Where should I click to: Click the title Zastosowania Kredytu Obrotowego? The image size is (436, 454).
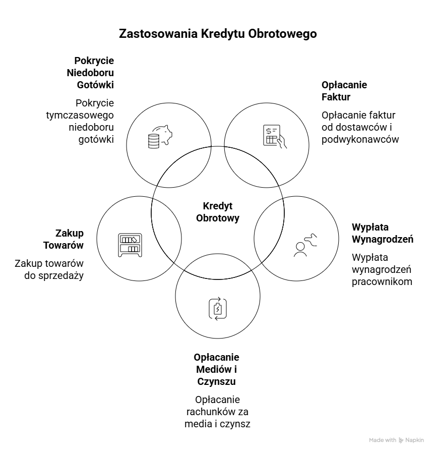tap(218, 34)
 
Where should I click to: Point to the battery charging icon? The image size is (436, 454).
tap(218, 308)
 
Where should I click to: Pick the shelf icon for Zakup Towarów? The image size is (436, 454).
tap(130, 245)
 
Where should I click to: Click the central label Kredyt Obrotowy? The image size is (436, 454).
tap(218, 212)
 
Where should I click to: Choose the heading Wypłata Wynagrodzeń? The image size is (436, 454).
tap(382, 233)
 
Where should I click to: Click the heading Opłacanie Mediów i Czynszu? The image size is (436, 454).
tap(216, 369)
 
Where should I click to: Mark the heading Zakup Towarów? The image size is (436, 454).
tap(70, 239)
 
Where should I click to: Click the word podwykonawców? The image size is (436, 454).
tap(360, 139)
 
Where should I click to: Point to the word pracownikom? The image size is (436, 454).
tap(382, 281)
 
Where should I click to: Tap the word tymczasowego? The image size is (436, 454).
tap(80, 115)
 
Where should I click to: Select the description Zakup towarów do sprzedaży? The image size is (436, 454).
tap(49, 269)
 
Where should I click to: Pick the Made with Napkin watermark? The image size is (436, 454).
tap(396, 440)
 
